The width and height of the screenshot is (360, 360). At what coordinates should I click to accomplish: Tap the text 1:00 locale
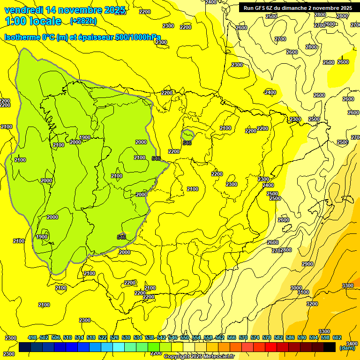tap(33, 21)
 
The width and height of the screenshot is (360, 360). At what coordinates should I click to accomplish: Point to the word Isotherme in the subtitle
tap(22, 37)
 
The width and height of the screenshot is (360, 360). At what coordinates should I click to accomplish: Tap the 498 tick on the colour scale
tap(32, 337)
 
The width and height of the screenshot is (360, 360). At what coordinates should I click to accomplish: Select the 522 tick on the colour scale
tap(103, 337)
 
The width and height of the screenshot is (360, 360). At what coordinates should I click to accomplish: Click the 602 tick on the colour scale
tap(337, 337)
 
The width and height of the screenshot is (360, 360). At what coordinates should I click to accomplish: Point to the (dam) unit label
tap(347, 348)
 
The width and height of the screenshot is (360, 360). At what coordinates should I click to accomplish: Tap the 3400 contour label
tap(352, 344)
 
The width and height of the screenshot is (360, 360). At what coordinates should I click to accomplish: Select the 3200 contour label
tap(312, 304)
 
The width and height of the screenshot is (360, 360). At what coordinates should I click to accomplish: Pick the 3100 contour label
tap(303, 292)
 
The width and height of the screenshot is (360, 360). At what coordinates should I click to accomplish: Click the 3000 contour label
tap(296, 288)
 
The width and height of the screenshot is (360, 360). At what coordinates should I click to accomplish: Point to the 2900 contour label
tap(307, 264)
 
